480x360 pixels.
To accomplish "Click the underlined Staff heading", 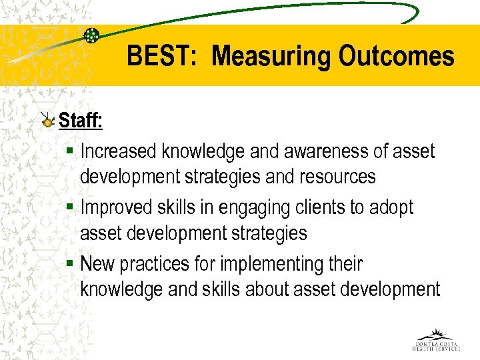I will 81,121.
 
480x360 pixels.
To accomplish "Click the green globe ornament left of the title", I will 92,35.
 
